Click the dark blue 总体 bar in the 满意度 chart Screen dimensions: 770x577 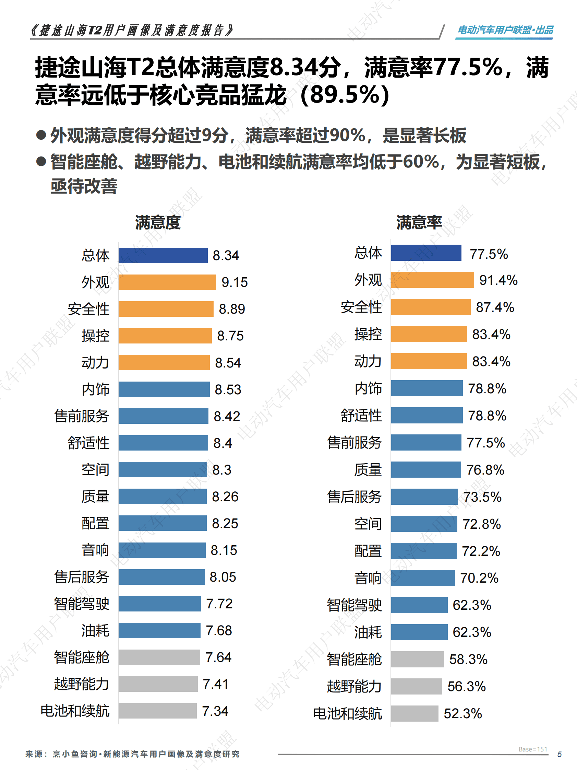point(163,255)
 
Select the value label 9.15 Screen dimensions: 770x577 point(235,282)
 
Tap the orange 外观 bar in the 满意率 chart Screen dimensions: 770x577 point(432,280)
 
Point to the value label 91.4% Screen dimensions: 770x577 point(498,280)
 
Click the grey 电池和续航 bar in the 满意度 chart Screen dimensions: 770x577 point(157,711)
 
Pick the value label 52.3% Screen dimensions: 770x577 point(462,713)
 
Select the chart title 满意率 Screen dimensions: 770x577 point(419,222)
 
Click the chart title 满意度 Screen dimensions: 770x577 point(158,222)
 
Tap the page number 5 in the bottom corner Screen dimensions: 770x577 point(559,754)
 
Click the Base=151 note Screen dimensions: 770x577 point(533,749)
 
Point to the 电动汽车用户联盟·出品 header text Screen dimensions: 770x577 point(505,30)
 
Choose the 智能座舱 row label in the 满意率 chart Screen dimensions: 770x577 point(354,659)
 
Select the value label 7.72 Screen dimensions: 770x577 point(219,604)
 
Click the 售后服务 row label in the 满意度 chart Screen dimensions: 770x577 point(82,577)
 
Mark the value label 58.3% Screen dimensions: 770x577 point(468,659)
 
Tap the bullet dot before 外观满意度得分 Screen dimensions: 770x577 point(41,135)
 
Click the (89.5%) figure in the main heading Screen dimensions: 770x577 point(344,95)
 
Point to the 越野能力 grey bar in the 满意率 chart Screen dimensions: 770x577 point(416,686)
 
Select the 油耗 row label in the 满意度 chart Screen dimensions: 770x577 point(95,630)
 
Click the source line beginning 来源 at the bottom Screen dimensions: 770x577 point(132,754)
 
